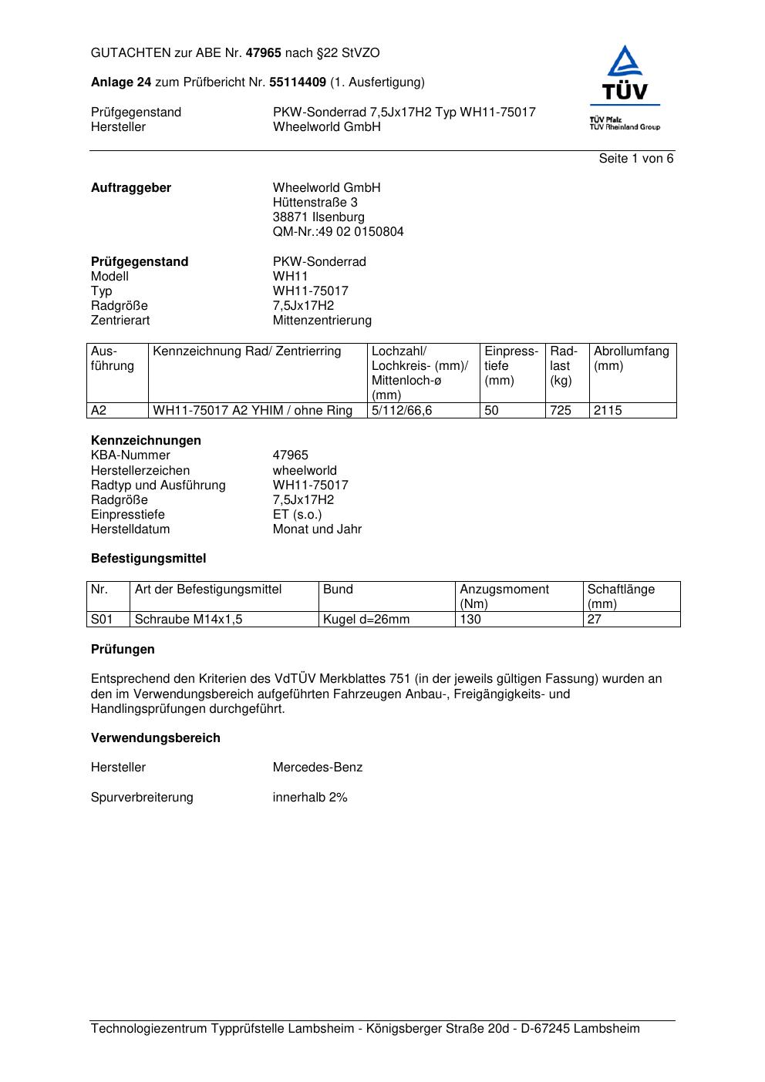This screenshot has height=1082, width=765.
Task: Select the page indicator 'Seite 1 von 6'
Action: tap(636, 159)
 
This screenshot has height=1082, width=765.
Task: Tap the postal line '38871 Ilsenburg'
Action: tap(318, 217)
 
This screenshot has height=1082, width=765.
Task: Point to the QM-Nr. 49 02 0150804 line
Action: tap(338, 232)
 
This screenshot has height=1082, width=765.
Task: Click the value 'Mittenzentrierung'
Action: tap(322, 321)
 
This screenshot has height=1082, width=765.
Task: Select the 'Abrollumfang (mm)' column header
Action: tap(631, 358)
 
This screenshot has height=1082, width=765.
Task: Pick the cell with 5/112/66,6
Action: tap(402, 411)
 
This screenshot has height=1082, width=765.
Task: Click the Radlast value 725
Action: tap(561, 411)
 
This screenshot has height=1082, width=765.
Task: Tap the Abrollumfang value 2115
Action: tap(608, 411)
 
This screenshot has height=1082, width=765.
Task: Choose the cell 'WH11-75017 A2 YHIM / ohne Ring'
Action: tap(252, 411)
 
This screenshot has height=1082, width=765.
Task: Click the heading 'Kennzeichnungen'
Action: tap(146, 441)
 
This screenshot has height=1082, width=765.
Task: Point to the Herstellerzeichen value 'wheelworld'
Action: tap(305, 471)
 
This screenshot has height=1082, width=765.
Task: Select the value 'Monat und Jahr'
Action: tap(317, 529)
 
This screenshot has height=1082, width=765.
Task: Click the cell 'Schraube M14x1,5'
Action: tap(188, 620)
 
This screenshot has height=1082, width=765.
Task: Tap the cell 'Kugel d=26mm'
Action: tap(366, 620)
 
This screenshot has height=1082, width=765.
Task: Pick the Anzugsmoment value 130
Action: tap(470, 620)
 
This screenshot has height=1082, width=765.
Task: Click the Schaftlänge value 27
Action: tap(594, 620)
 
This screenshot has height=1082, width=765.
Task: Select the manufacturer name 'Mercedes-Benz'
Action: tap(317, 768)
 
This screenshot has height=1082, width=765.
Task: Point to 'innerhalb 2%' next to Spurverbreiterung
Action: tap(309, 798)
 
